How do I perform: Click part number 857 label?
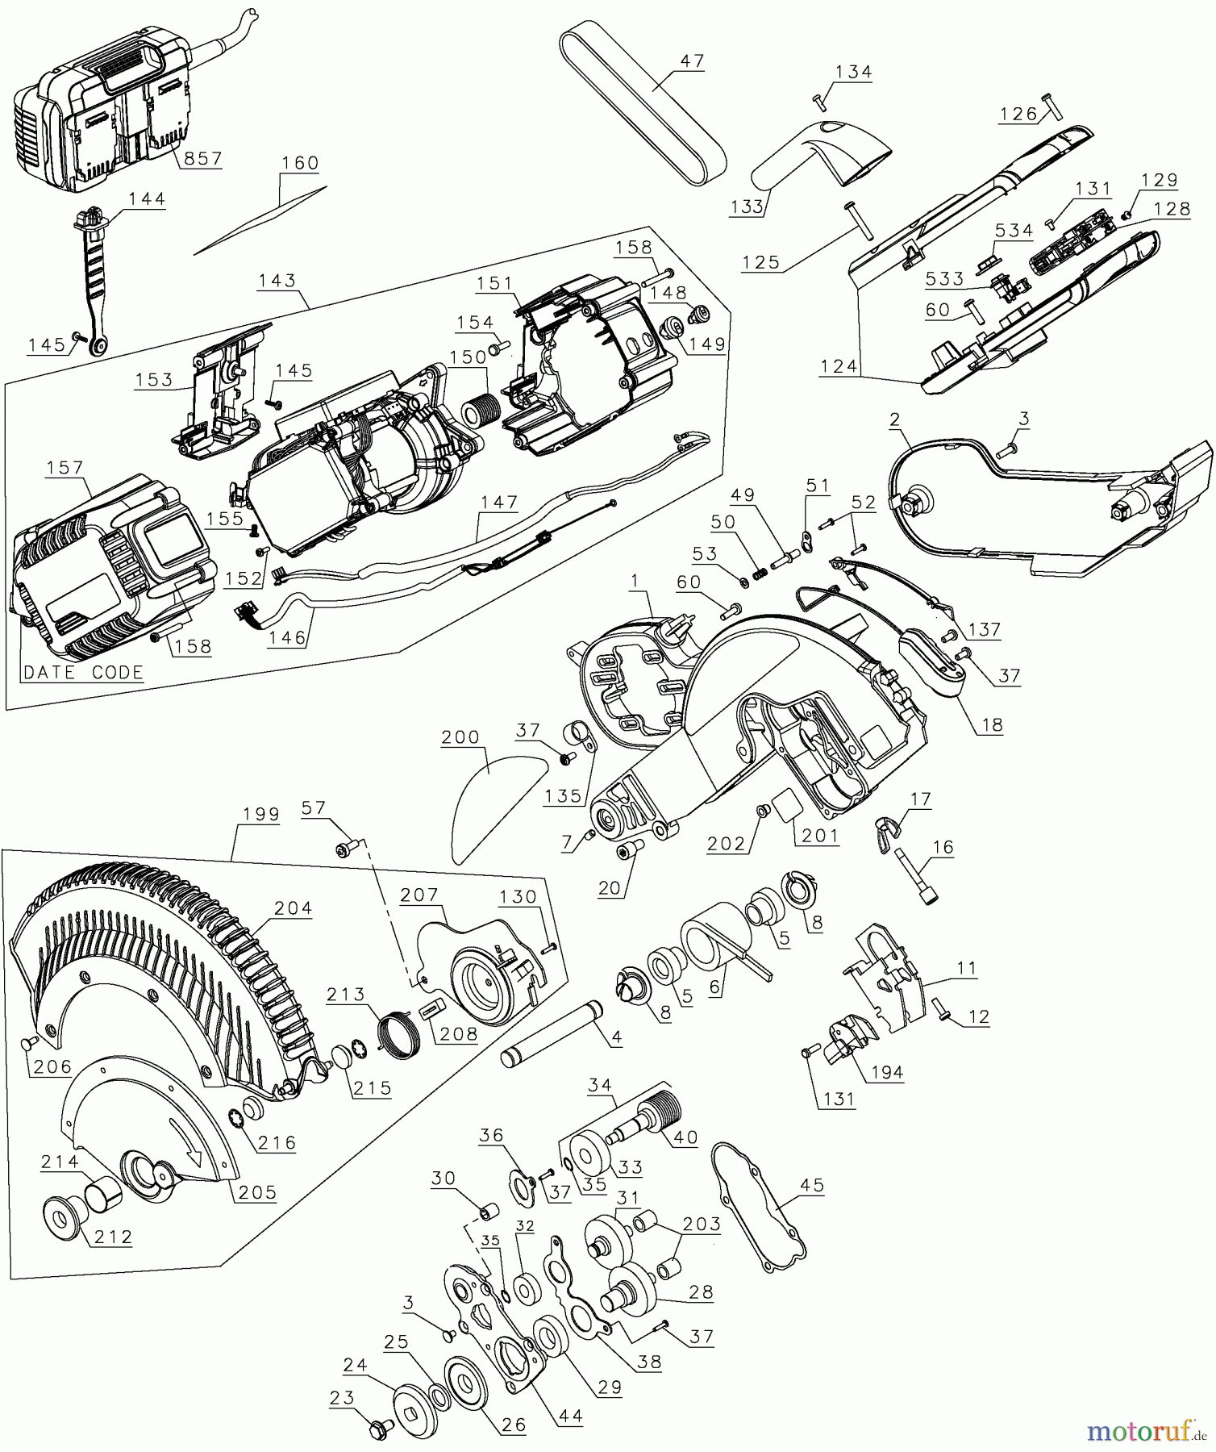click(202, 158)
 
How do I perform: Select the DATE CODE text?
click(83, 672)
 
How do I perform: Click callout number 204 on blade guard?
click(293, 908)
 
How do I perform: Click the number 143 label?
click(277, 281)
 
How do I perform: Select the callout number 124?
click(839, 366)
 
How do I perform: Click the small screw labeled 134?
click(821, 102)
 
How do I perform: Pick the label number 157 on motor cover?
click(65, 468)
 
